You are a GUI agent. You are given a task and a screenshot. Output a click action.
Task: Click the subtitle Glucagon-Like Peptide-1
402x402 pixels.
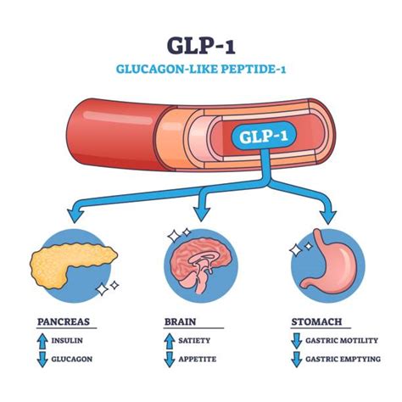coord(201,70)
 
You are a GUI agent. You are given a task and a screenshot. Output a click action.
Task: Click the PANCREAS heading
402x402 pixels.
coord(64,322)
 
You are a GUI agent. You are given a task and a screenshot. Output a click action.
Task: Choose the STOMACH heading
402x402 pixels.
coord(318,322)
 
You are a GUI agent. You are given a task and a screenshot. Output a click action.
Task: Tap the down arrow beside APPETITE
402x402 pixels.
coord(169,358)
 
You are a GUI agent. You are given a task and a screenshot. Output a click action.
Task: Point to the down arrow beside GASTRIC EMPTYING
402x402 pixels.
coord(296,358)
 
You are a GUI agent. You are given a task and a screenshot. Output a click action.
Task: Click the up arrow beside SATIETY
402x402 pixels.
coord(169,340)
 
